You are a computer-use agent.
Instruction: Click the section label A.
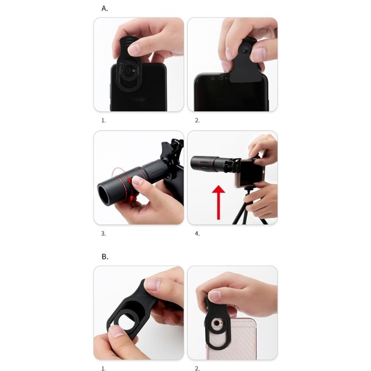click(104, 9)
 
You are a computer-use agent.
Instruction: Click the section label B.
click(105, 257)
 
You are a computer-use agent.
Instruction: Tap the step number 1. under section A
click(104, 121)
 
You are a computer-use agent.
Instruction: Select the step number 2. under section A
click(197, 121)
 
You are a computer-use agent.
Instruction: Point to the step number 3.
click(104, 234)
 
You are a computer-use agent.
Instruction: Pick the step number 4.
click(197, 234)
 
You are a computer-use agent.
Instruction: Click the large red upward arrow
click(219, 202)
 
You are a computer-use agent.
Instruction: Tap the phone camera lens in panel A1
click(128, 71)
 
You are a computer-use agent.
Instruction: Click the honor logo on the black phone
click(139, 100)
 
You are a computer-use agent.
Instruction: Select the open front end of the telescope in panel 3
click(104, 195)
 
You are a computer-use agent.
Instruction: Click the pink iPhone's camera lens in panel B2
click(216, 323)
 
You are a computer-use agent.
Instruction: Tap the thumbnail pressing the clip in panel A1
click(135, 49)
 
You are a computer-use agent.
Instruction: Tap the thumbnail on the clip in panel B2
click(215, 296)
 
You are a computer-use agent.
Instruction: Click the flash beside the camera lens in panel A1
click(134, 70)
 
